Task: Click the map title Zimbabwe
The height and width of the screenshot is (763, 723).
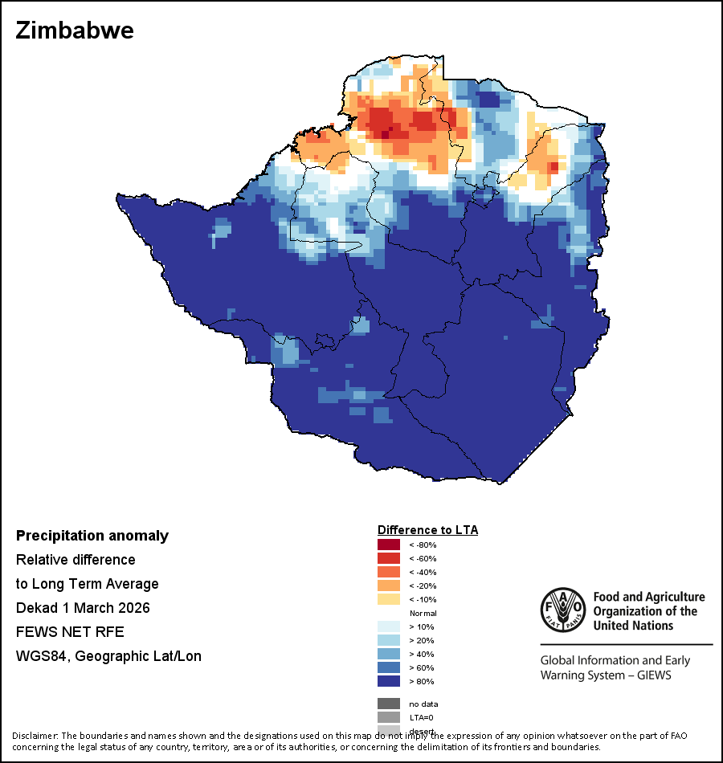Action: pyautogui.click(x=75, y=31)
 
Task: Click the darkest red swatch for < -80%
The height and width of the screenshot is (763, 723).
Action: pyautogui.click(x=388, y=545)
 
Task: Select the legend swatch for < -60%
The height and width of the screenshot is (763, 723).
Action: pyautogui.click(x=388, y=559)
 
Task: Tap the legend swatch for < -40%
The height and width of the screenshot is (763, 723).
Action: pyautogui.click(x=388, y=573)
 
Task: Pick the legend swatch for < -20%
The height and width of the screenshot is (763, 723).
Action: pyautogui.click(x=388, y=586)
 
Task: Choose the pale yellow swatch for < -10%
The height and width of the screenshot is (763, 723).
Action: pyautogui.click(x=388, y=600)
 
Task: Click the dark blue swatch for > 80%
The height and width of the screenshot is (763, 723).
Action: pyautogui.click(x=388, y=682)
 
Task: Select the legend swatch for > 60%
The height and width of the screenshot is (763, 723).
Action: pyautogui.click(x=388, y=668)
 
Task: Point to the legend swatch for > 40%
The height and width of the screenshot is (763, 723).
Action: pyautogui.click(x=388, y=655)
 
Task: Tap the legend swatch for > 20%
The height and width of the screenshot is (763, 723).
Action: pyautogui.click(x=388, y=641)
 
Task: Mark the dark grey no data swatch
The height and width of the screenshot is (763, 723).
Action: pyautogui.click(x=388, y=704)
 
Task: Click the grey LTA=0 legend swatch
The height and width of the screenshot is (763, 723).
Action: pyautogui.click(x=388, y=717)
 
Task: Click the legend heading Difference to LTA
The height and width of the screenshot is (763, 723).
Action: pyautogui.click(x=427, y=530)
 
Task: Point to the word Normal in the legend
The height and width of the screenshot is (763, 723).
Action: pyautogui.click(x=423, y=614)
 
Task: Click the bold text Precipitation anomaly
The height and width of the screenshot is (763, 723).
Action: pyautogui.click(x=92, y=536)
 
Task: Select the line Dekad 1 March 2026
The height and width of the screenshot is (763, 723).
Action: pyautogui.click(x=83, y=608)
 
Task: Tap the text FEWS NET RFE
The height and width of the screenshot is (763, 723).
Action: pyautogui.click(x=70, y=632)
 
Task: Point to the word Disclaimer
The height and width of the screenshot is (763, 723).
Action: pyautogui.click(x=35, y=736)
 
